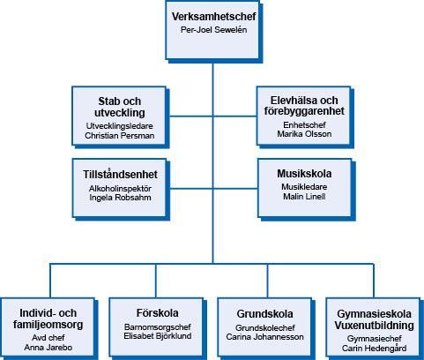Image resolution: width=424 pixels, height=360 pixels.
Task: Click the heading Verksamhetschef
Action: pos(213,17)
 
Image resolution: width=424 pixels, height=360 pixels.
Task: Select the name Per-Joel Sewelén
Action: pos(213,30)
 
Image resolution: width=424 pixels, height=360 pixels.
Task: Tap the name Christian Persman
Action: pos(120,136)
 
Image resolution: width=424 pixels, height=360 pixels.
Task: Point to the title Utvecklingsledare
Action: pos(120,126)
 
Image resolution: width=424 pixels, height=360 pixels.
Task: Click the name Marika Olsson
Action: pos(304,134)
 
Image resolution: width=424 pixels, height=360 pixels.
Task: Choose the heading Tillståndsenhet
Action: pos(120,175)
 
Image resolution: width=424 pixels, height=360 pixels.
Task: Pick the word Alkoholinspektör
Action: pos(120,189)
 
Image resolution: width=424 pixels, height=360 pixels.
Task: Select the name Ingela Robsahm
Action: pos(120,198)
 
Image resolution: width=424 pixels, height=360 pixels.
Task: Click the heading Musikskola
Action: pos(304,174)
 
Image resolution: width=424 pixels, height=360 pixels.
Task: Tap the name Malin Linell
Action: pos(304,196)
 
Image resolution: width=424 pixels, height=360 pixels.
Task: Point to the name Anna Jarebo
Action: pos(48,348)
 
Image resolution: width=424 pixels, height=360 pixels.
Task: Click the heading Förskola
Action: pos(158,313)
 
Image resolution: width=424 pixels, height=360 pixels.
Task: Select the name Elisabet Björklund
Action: pos(158,336)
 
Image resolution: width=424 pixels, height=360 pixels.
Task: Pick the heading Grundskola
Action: pos(264,314)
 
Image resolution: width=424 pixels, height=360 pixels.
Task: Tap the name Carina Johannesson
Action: pos(264,337)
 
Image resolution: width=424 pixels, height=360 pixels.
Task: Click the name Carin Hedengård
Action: pos(375,349)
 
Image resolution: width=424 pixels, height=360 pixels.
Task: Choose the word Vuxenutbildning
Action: pos(375,326)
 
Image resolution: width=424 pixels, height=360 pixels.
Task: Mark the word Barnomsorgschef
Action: pos(158,326)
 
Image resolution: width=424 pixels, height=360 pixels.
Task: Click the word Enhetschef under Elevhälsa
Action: pos(304,125)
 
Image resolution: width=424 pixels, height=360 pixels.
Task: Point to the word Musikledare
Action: pos(304,187)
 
